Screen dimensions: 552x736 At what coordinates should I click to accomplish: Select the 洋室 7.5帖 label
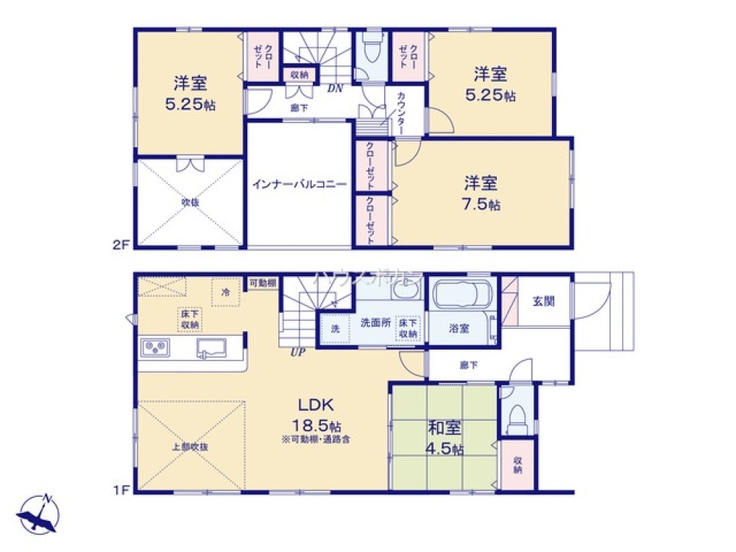[x=482, y=193]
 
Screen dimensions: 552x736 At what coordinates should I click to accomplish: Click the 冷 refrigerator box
[x=226, y=291]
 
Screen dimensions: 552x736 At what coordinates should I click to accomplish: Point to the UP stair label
[x=297, y=353]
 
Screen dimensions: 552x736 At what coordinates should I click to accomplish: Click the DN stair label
[x=335, y=88]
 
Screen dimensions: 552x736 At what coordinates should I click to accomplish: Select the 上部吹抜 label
[x=191, y=446]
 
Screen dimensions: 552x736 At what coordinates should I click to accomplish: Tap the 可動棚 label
[x=262, y=283]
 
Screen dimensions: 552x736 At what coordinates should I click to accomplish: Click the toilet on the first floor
[x=517, y=417]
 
